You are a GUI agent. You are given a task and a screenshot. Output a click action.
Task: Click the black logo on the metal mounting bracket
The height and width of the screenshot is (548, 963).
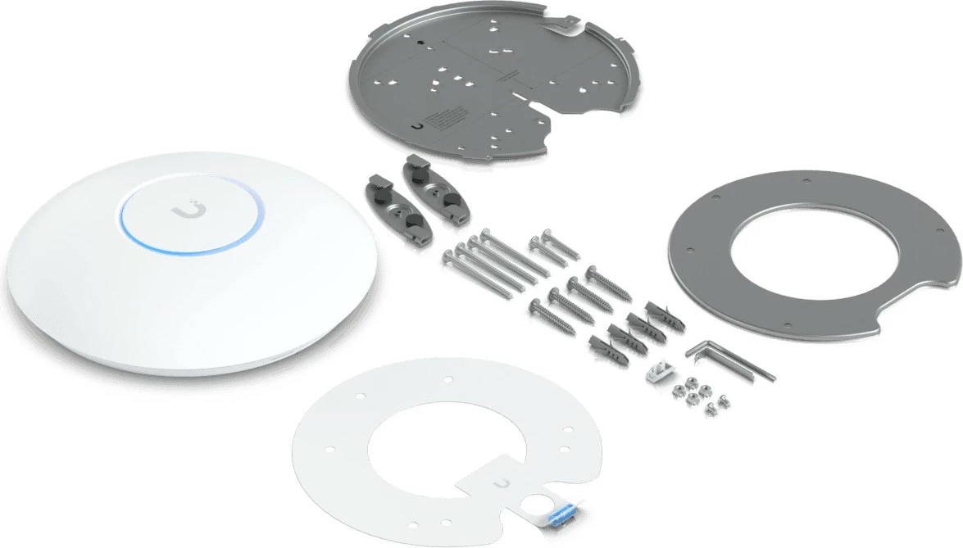[420, 127]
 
